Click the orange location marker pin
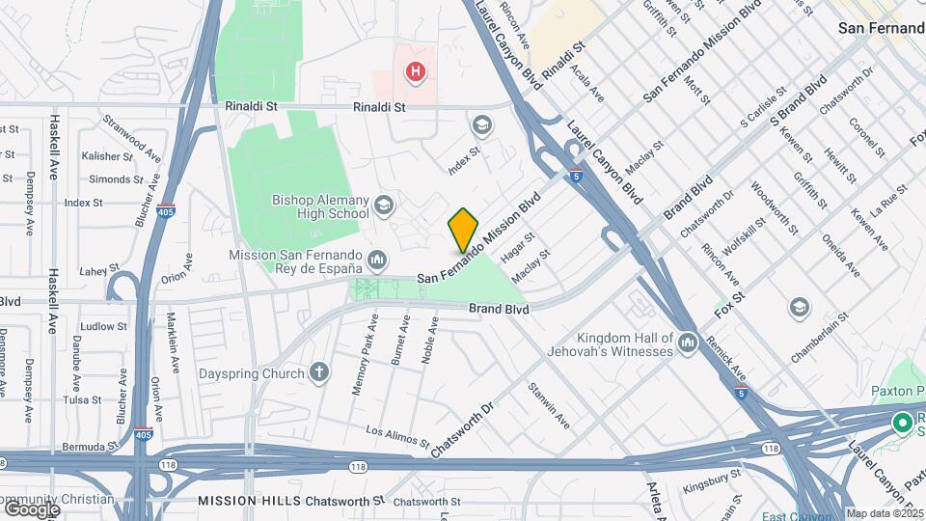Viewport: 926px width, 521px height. (x=463, y=230)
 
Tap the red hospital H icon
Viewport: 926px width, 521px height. (x=415, y=70)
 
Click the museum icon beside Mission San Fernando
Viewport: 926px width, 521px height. (x=377, y=259)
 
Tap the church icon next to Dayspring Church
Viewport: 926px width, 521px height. (x=319, y=372)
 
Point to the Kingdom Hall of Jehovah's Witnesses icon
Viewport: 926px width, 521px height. (x=687, y=343)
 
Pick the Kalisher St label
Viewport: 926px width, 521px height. (x=106, y=156)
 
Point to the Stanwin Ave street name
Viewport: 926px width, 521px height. (x=548, y=405)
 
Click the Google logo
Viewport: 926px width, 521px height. (x=32, y=508)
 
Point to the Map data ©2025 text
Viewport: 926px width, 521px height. (x=885, y=513)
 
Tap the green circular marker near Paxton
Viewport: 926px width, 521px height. (x=903, y=423)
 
